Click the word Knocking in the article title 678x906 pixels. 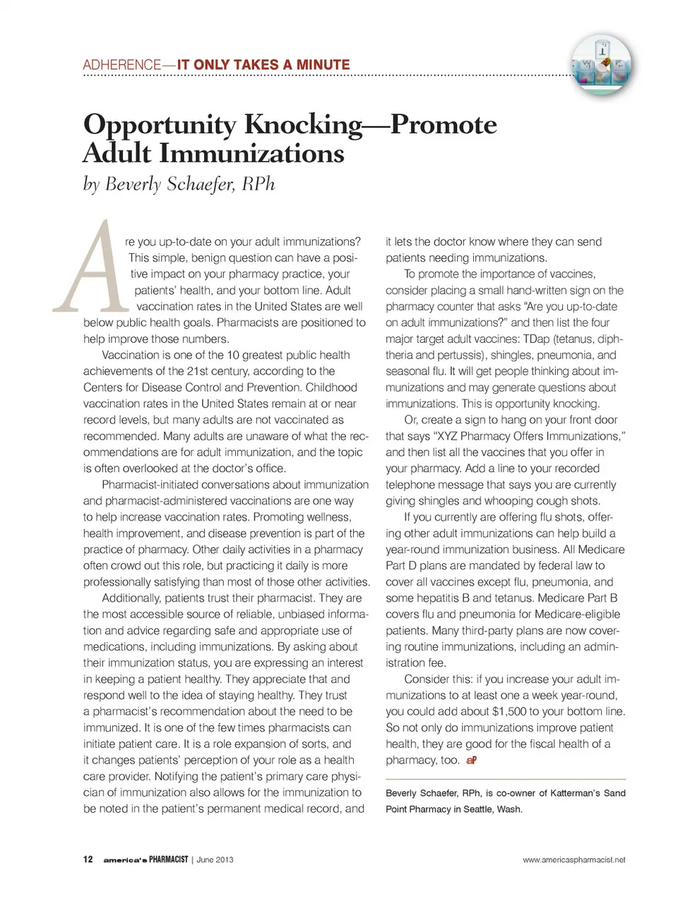click(303, 125)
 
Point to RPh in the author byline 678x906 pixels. click(258, 184)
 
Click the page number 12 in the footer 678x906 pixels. click(88, 859)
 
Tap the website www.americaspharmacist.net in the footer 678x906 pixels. click(573, 859)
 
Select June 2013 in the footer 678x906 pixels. click(215, 859)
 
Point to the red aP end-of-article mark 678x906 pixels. click(471, 760)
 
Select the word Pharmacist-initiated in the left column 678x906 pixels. click(151, 485)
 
